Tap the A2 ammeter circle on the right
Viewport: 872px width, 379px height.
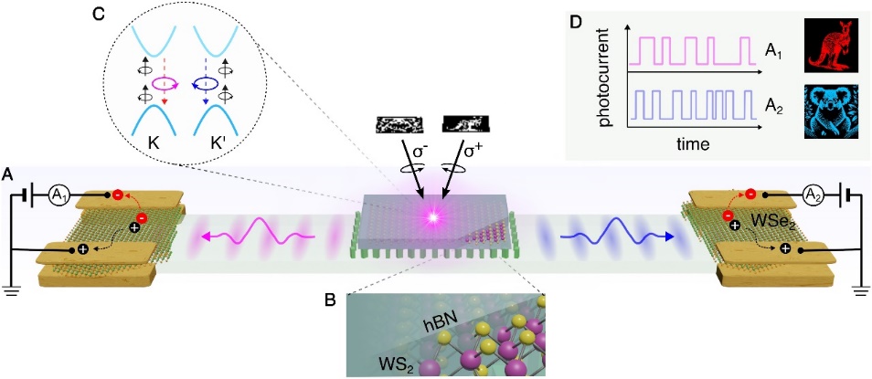point(813,195)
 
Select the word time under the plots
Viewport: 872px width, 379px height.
point(695,145)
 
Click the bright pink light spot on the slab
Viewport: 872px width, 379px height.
point(431,218)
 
